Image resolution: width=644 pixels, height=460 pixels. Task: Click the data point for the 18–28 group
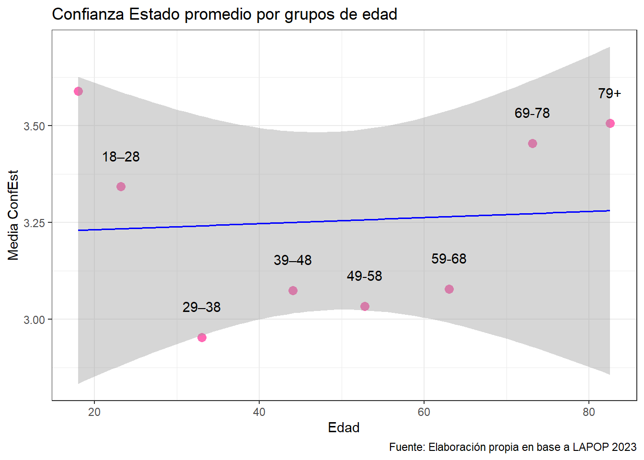(121, 186)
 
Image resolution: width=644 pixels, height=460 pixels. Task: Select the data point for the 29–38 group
(202, 337)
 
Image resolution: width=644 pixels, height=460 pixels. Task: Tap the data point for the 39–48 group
(293, 290)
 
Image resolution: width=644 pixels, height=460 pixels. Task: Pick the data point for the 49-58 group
(365, 306)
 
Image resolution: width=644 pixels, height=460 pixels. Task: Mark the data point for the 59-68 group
(449, 289)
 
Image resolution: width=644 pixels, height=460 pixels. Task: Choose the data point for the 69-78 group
(532, 143)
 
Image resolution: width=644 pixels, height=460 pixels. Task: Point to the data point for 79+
(610, 123)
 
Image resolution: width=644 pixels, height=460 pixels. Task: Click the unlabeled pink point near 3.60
(78, 91)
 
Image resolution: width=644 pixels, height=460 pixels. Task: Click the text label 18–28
(121, 157)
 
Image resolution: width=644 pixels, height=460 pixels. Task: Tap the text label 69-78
(532, 113)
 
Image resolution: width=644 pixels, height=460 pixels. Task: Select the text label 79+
(609, 93)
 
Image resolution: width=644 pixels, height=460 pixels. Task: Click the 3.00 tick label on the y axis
(34, 320)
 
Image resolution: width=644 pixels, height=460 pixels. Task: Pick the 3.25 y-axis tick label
(34, 223)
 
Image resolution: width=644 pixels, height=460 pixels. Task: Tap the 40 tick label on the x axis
(259, 412)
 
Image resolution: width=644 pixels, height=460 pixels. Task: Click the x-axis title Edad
(344, 427)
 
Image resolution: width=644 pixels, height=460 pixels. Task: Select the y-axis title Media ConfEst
(13, 215)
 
